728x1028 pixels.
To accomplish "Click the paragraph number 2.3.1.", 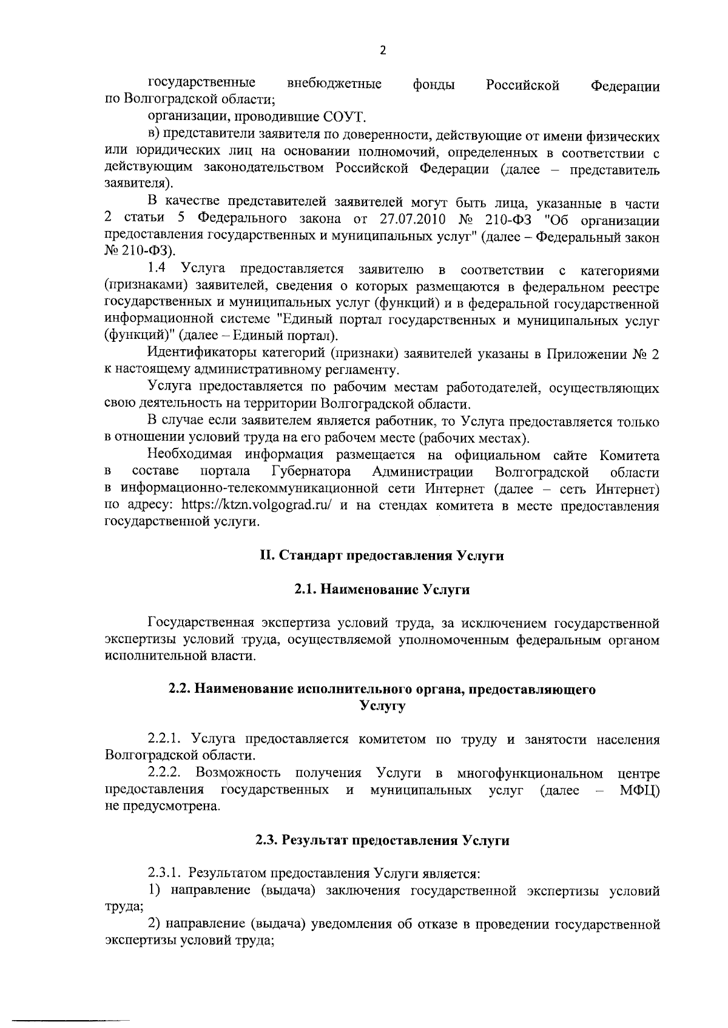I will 165,873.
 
